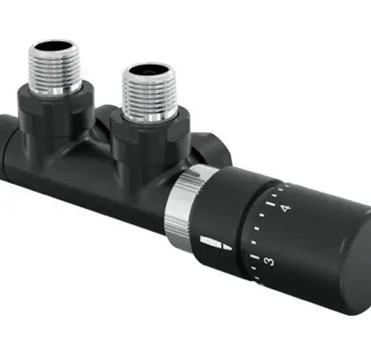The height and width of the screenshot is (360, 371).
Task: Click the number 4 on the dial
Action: point(285,209)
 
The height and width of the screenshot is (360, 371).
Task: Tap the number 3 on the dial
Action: point(269,261)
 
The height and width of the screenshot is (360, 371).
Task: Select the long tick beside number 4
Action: point(270,204)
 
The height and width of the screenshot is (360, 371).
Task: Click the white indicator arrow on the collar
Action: point(216,242)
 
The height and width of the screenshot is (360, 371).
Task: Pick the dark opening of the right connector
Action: point(148,70)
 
